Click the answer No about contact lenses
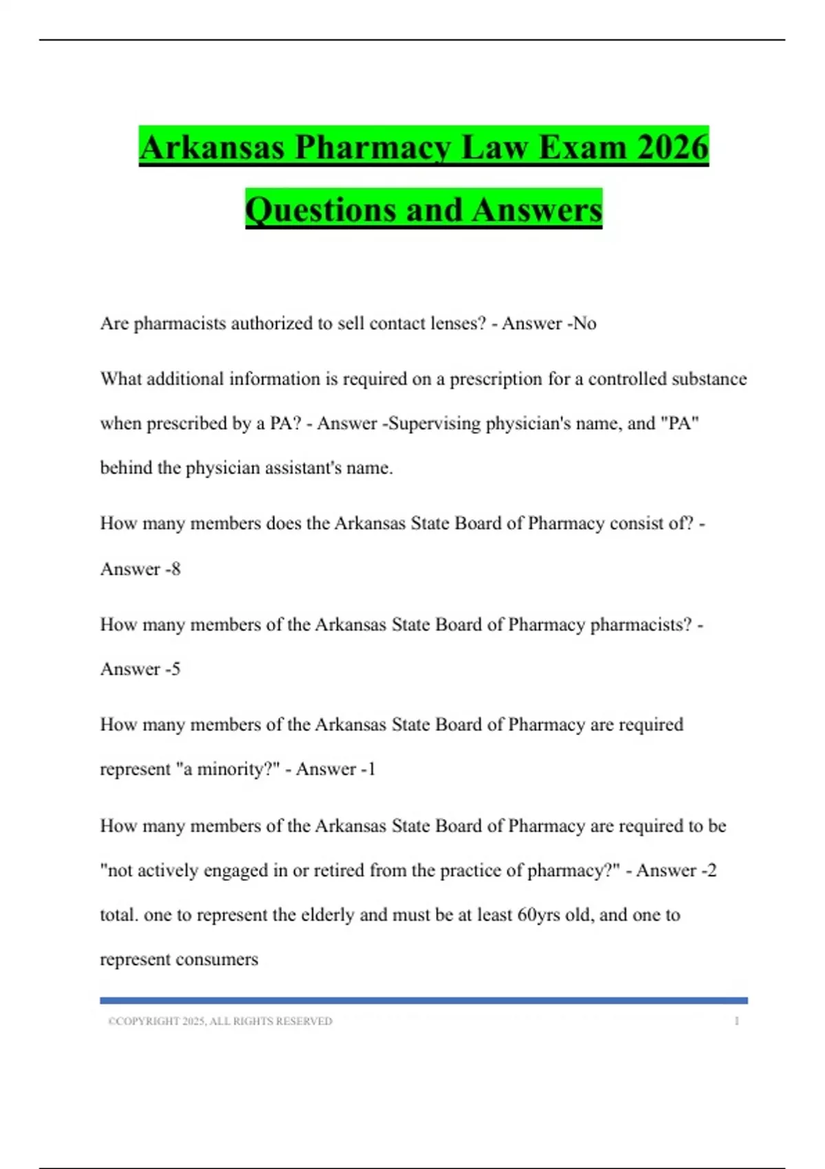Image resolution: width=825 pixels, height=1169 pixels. click(585, 323)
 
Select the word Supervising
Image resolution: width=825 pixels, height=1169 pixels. click(435, 423)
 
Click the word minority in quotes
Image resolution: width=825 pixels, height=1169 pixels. click(231, 769)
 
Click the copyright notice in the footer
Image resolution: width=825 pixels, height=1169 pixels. click(220, 1021)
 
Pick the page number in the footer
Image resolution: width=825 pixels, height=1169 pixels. click(737, 1021)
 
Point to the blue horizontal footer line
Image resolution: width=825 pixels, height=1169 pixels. click(423, 1001)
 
